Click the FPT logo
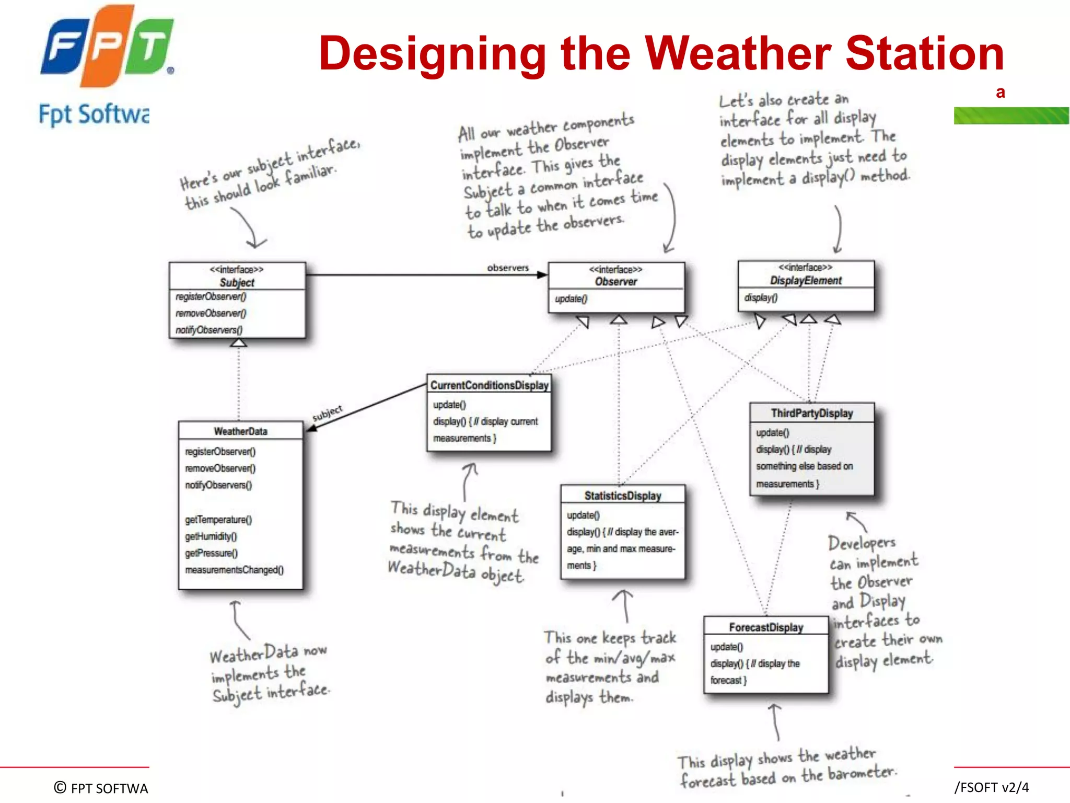[x=107, y=47]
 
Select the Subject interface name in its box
[x=237, y=282]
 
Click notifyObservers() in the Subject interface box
[x=209, y=330]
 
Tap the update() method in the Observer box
[x=571, y=299]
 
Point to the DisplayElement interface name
[x=806, y=281]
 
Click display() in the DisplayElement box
[x=761, y=297]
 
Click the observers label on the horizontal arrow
[x=508, y=268]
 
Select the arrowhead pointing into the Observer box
[x=542, y=274]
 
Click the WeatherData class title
[x=240, y=431]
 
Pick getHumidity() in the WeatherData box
[x=211, y=536]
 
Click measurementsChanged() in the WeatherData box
[x=234, y=570]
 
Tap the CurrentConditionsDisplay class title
[x=489, y=385]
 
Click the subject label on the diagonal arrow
[x=327, y=413]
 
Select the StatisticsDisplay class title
[x=622, y=495]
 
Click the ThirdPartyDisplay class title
[x=811, y=413]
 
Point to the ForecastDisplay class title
[x=766, y=627]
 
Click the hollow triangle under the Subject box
[x=239, y=342]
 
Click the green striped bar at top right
[x=1011, y=116]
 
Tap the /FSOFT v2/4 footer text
[x=991, y=787]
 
